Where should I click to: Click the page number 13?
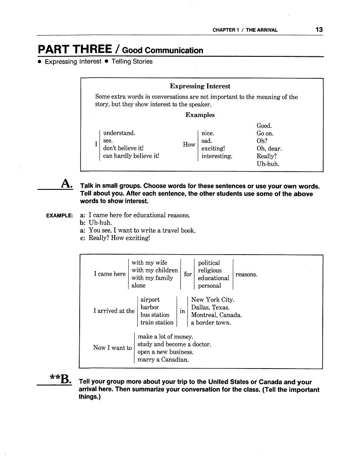[x=319, y=30]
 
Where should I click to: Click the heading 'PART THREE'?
[x=75, y=49]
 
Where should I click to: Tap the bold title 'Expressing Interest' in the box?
[x=200, y=86]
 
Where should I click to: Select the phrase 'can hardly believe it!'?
[x=131, y=156]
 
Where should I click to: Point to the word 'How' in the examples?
[x=189, y=144]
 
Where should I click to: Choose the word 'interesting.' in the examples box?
[x=217, y=156]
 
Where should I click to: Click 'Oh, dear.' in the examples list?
[x=269, y=149]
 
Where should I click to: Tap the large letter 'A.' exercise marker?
[x=66, y=183]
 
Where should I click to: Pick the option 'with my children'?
[x=155, y=270]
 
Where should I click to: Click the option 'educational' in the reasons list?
[x=213, y=278]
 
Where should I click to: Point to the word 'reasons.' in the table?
[x=246, y=275]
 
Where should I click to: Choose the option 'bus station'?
[x=155, y=315]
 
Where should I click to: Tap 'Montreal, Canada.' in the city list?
[x=216, y=315]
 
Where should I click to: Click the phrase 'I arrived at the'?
[x=114, y=311]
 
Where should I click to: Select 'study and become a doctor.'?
[x=174, y=344]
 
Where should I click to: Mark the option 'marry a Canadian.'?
[x=163, y=360]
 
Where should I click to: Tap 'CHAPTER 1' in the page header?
[x=226, y=30]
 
